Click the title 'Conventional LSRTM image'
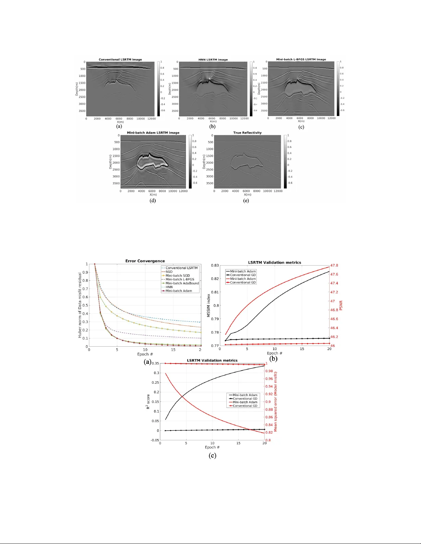120,59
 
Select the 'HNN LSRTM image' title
213,59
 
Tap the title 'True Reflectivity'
247,132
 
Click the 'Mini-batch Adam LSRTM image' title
153,132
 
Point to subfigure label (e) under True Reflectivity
246,200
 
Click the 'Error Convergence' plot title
145,261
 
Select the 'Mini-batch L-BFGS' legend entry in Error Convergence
180,279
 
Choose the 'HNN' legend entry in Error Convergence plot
169,287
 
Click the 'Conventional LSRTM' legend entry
181,268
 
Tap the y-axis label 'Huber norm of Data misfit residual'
80,305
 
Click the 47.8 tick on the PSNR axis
334,265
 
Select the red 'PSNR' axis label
341,305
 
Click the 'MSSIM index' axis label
208,305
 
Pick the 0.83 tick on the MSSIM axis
215,265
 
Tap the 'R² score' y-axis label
148,402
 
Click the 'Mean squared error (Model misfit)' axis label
276,402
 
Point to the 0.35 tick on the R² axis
155,363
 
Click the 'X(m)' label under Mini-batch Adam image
153,195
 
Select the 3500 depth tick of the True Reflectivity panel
210,183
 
